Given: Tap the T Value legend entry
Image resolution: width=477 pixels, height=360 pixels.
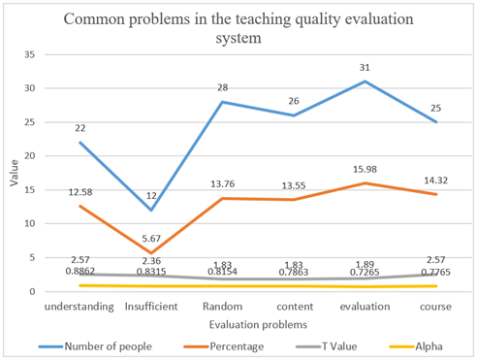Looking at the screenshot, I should pyautogui.click(x=337, y=344).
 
